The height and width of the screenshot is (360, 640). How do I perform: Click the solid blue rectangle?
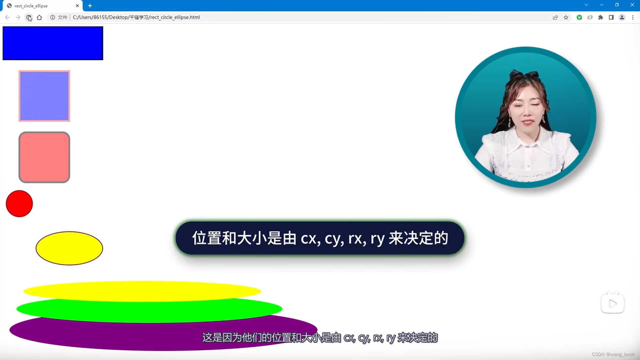click(53, 43)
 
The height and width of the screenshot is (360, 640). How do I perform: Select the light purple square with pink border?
click(44, 96)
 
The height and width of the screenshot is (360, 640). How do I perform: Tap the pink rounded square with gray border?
click(44, 157)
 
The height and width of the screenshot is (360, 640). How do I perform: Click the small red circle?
click(19, 204)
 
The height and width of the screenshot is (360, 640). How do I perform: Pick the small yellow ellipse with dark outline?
click(69, 248)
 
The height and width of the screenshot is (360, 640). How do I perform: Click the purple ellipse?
click(100, 337)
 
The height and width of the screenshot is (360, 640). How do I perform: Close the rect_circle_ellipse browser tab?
click(77, 6)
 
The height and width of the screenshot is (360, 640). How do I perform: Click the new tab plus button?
click(90, 6)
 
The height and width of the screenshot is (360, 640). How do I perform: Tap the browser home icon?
click(39, 17)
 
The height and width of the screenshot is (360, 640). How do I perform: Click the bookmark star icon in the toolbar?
click(566, 17)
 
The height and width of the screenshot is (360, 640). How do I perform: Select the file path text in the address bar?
click(136, 17)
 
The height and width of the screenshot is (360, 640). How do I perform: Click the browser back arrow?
click(7, 17)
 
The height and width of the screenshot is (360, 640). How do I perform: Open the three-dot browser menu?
click(633, 17)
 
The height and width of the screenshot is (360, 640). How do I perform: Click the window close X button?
click(632, 5)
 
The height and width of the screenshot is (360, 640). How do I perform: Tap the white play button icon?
click(613, 303)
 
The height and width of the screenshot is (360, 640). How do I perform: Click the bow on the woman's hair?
click(526, 74)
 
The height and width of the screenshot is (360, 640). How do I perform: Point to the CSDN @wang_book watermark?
click(613, 354)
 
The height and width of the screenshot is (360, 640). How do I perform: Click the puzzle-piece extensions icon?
click(601, 17)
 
